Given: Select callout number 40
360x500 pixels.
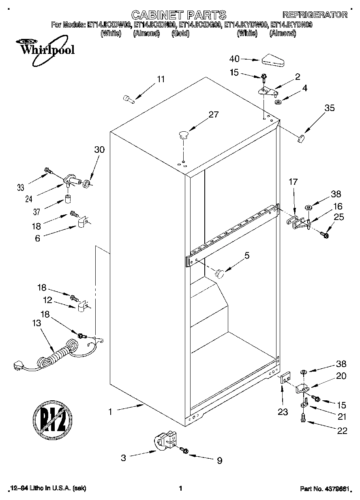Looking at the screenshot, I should tap(235, 59).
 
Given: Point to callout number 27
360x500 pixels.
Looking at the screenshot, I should tap(213, 115).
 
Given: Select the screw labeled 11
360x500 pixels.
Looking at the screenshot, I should tap(129, 98).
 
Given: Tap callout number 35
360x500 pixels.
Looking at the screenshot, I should tap(329, 108).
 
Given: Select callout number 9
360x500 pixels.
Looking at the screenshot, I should tap(219, 460).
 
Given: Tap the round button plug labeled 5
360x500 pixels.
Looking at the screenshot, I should tap(220, 274).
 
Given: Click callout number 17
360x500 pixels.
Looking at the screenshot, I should tap(293, 183).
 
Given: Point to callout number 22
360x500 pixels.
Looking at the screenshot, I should tap(342, 431).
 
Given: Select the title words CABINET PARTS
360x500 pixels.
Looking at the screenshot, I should tap(179, 15).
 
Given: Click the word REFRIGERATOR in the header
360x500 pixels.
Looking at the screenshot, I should tap(315, 15).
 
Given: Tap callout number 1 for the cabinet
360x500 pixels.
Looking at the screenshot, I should tap(110, 412).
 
